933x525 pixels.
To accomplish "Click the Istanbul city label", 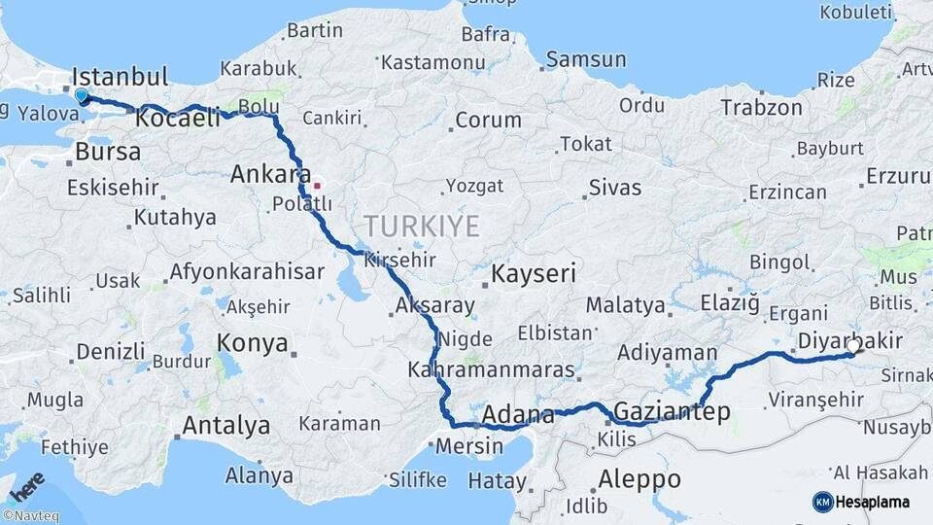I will point(121,77).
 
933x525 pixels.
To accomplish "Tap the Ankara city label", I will point(263,175).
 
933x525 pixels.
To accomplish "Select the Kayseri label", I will point(535,273).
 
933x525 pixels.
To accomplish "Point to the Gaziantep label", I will point(673,411).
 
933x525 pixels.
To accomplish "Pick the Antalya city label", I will point(226,425).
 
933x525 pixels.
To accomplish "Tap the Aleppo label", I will point(639,478).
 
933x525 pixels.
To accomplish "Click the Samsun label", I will point(585,60).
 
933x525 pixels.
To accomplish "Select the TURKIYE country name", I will point(422,227).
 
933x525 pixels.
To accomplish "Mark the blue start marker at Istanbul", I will point(82,96).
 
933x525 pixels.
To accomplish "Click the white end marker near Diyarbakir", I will point(853,346).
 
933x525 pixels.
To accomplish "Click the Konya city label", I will point(253,343).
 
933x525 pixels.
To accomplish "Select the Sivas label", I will point(615,187).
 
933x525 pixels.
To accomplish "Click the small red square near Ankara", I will point(316,185).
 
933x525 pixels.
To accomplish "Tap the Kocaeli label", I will point(178,120).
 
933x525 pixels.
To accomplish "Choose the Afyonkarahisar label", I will point(247,272).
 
